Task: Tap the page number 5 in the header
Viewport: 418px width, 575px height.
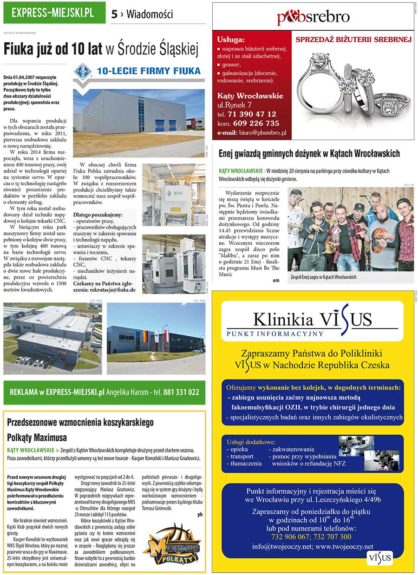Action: (114, 14)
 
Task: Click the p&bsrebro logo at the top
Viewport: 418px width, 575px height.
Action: (313, 17)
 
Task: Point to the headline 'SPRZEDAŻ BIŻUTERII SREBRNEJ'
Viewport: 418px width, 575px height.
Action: (353, 39)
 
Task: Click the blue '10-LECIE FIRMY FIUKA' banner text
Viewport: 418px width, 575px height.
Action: (149, 71)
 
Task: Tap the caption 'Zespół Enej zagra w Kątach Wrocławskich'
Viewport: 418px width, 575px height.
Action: (323, 277)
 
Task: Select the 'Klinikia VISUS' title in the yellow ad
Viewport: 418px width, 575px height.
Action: (312, 320)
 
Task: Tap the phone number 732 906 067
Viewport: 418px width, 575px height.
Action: (294, 536)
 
